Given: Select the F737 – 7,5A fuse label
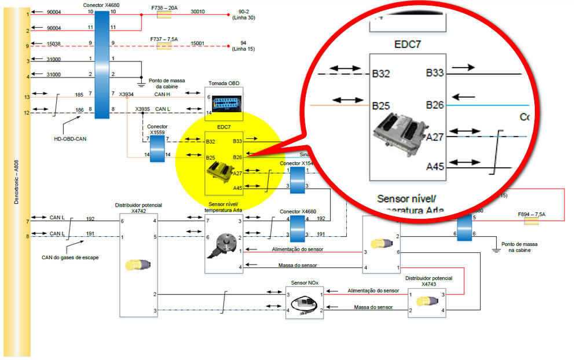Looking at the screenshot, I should coord(164,39).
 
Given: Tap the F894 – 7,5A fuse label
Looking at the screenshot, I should coord(532,214).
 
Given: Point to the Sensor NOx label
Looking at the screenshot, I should coord(304,283).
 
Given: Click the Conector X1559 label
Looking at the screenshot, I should coord(157,129).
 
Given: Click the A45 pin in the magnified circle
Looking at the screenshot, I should coord(435,167).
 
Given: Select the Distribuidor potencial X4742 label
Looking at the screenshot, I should coord(138,208).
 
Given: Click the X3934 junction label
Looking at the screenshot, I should coord(126,94).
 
